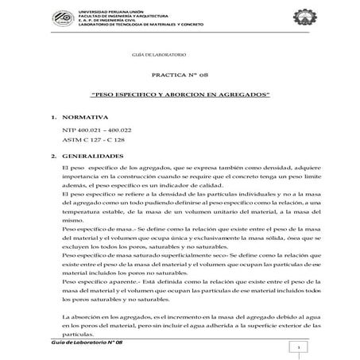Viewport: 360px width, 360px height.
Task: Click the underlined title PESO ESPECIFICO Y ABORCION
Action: (x=180, y=95)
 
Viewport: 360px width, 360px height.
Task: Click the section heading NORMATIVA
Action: (x=86, y=116)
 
